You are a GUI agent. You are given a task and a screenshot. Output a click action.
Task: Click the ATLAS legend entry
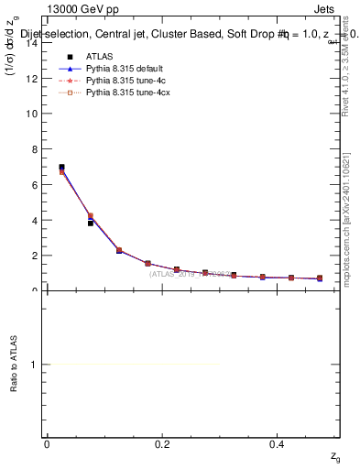tap(98, 57)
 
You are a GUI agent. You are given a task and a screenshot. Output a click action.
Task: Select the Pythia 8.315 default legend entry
tap(121, 69)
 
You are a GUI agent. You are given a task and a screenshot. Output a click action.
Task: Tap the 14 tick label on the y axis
tap(32, 42)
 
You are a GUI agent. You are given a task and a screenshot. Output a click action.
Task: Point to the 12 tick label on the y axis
tap(32, 78)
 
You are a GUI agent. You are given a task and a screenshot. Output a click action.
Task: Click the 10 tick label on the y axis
tap(32, 114)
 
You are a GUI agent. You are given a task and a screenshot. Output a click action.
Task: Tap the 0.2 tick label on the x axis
tap(162, 444)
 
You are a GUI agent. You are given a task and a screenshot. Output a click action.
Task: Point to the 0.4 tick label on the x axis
tap(277, 444)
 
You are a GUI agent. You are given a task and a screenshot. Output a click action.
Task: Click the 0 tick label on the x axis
tap(47, 444)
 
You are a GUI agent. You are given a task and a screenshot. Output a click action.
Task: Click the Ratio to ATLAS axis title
tap(14, 365)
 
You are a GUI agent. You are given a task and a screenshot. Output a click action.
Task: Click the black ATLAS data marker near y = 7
tap(61, 168)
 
